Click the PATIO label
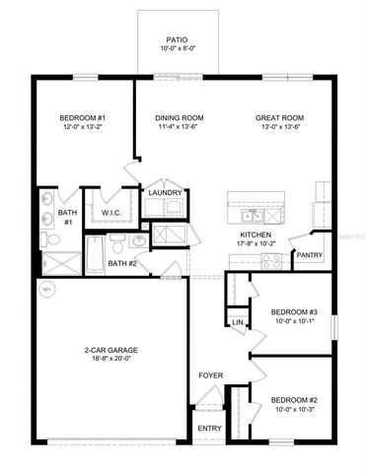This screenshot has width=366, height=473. (x=178, y=37)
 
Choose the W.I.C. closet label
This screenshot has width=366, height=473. (x=110, y=213)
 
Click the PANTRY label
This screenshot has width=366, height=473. (x=309, y=255)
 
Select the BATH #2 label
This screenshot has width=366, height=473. (x=121, y=263)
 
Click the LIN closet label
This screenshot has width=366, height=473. (x=237, y=322)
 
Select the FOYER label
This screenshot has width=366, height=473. (x=210, y=376)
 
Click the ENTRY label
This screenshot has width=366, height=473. (x=209, y=429)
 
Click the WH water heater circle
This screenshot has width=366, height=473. (x=45, y=290)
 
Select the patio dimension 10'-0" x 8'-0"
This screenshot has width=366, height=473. (x=178, y=47)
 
